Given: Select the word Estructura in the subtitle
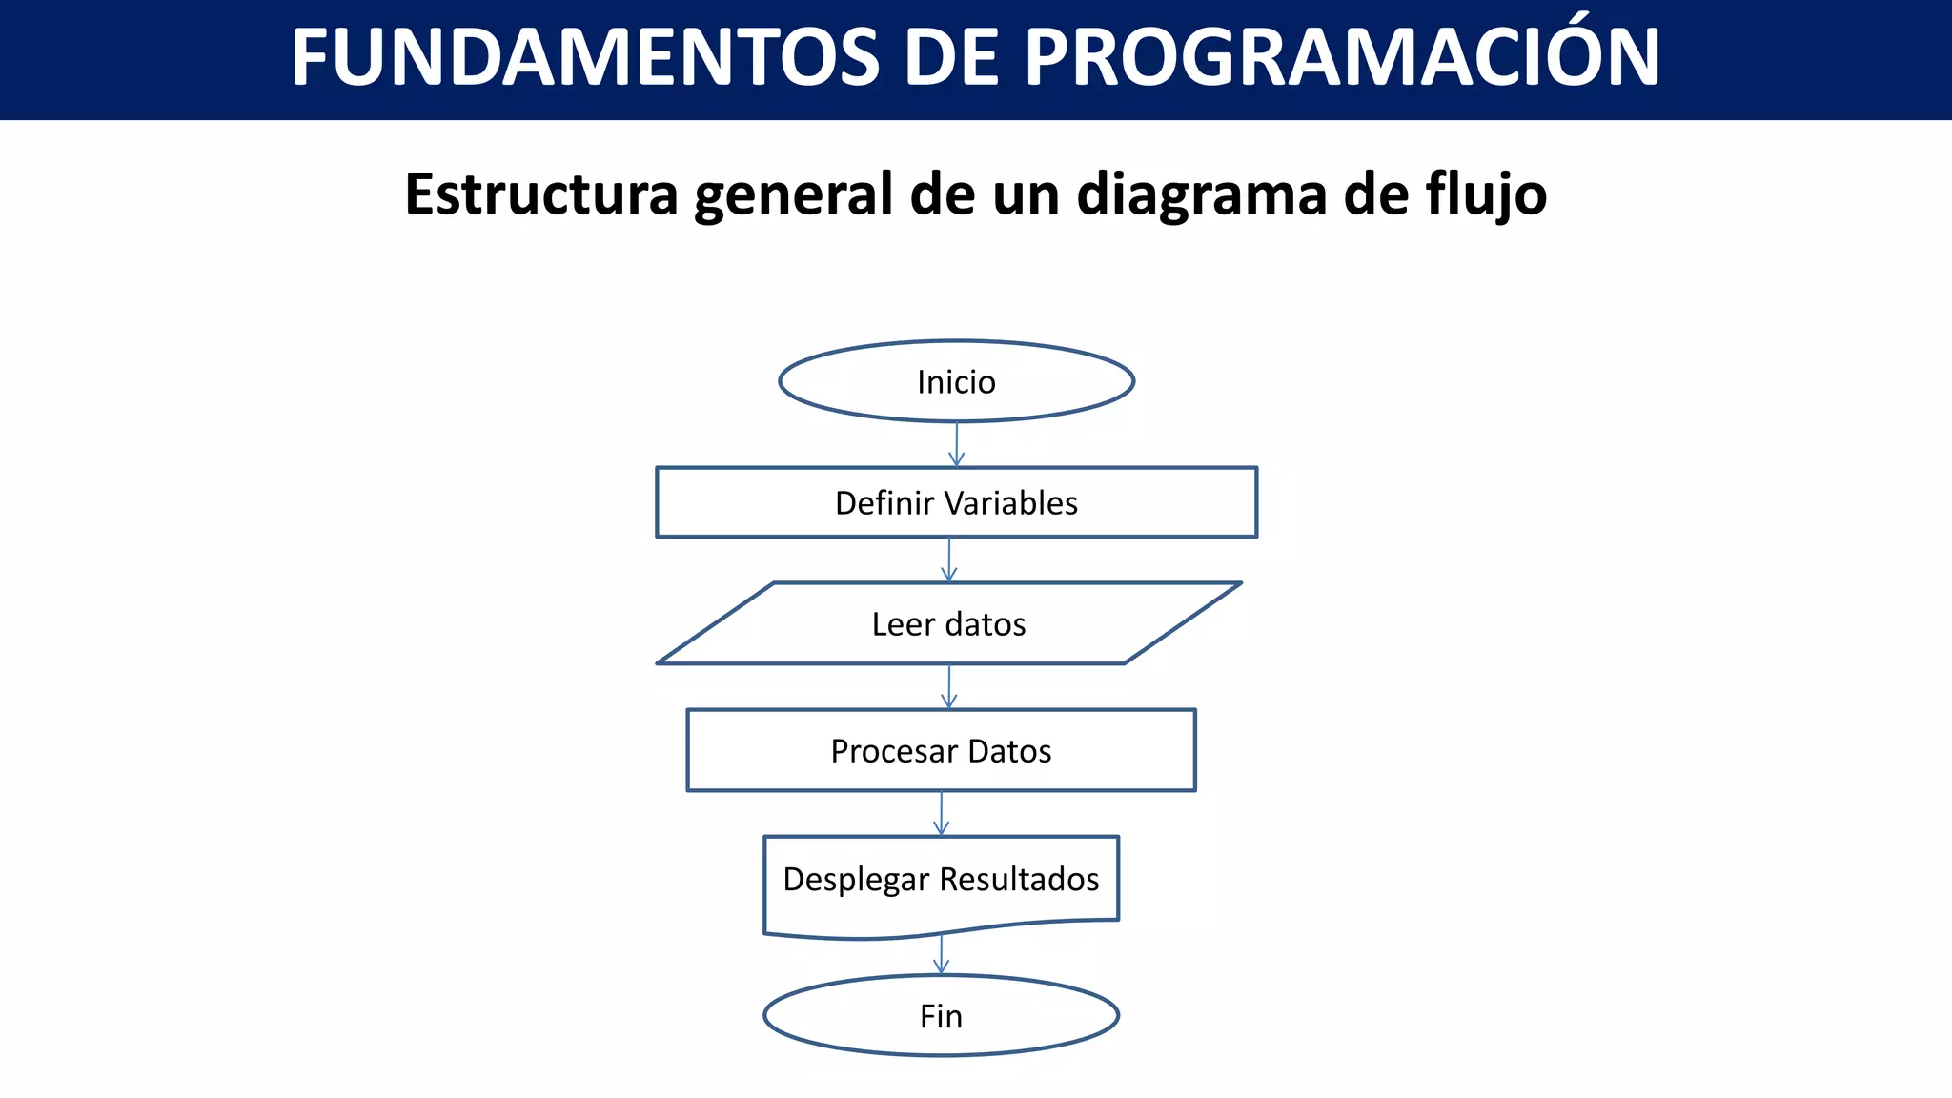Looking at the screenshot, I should [540, 193].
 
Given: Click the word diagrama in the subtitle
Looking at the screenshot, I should [1202, 193].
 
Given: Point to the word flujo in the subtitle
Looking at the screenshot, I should [1486, 193].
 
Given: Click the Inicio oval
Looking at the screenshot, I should [956, 381].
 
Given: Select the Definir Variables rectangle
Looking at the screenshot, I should [956, 502].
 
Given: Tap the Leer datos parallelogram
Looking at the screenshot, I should [948, 623].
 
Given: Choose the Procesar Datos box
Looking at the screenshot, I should [941, 750].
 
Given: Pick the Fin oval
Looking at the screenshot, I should [941, 1016].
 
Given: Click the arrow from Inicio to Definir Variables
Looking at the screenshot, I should [956, 444].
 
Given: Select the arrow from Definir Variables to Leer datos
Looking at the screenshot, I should [948, 559].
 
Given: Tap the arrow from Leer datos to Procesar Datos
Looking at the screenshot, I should [948, 686].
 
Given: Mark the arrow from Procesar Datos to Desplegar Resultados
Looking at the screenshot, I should [941, 813].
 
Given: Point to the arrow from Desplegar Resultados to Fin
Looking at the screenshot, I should [941, 954].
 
